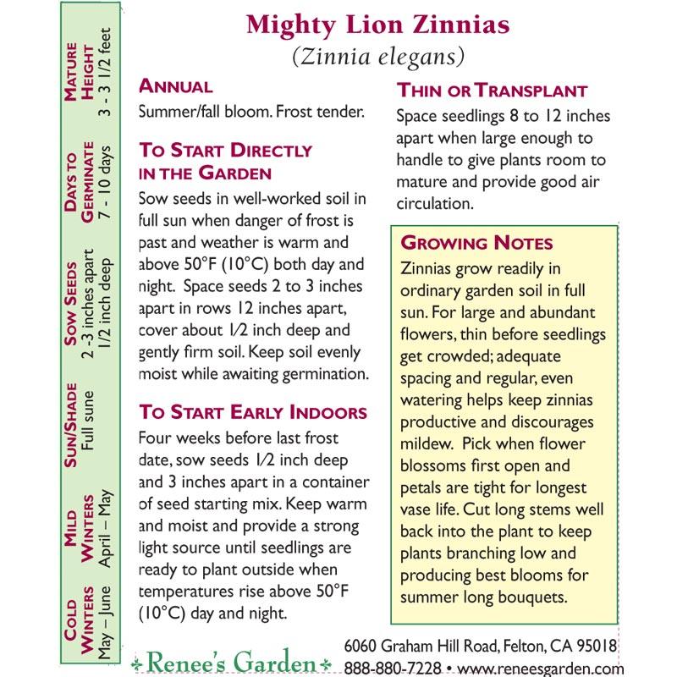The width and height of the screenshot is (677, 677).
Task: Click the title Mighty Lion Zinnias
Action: tap(377, 25)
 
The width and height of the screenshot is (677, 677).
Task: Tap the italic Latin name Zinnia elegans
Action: tap(377, 57)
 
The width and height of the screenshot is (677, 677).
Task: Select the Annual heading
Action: tap(175, 86)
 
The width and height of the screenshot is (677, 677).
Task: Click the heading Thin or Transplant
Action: tap(492, 91)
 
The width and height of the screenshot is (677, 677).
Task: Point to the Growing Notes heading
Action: tap(476, 243)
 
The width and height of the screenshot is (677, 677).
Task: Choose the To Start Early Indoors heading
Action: tap(253, 412)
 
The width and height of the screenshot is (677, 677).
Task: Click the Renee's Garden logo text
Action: tap(231, 658)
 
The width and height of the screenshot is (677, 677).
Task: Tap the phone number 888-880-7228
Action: tap(392, 668)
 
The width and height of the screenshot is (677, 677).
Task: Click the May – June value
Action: tap(102, 627)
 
